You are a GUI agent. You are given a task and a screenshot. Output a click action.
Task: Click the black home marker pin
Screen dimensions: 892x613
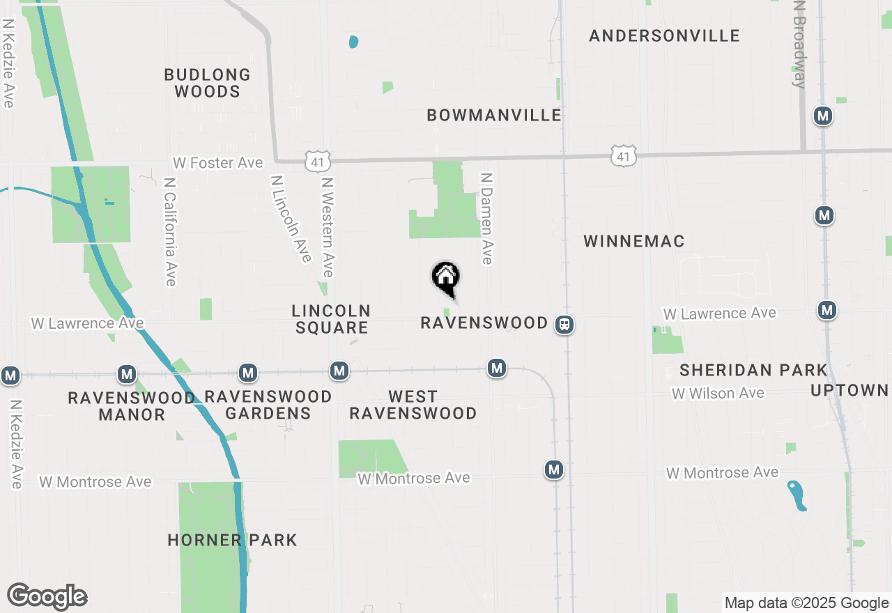click(446, 277)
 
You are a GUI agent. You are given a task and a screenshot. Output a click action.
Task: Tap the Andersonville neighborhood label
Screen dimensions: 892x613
click(664, 36)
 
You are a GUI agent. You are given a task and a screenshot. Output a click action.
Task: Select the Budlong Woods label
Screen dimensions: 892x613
click(208, 83)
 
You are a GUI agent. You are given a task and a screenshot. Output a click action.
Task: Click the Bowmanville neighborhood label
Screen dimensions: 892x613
click(494, 115)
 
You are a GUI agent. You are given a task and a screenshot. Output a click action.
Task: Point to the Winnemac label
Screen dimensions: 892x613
click(634, 241)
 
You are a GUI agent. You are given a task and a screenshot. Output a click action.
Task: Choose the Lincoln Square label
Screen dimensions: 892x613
click(331, 319)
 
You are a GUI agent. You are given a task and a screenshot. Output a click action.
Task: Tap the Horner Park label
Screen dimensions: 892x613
click(232, 540)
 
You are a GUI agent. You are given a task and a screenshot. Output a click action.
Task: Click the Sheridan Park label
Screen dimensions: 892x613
click(753, 370)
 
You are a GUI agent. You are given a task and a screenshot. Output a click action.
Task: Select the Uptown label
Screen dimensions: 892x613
click(849, 390)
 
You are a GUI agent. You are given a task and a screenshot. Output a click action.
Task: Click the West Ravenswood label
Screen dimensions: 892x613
click(413, 405)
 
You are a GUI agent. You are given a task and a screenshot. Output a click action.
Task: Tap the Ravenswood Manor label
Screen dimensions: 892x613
click(132, 406)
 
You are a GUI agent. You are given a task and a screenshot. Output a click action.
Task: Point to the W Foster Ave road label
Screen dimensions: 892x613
click(218, 163)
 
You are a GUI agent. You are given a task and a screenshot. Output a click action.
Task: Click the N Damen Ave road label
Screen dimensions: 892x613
click(486, 219)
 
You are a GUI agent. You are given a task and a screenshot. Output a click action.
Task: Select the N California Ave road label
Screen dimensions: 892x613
click(169, 231)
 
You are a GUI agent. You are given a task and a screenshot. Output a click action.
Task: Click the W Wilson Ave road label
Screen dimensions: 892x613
click(718, 394)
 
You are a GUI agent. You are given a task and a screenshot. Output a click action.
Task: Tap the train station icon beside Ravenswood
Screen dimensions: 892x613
click(564, 324)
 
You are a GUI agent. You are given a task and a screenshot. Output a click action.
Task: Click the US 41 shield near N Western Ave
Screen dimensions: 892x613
click(317, 162)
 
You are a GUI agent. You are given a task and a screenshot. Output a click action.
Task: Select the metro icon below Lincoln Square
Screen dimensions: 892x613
click(339, 371)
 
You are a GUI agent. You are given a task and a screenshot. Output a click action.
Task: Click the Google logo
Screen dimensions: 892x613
click(47, 597)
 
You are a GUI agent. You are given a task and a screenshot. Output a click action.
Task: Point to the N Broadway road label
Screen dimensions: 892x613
click(799, 43)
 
